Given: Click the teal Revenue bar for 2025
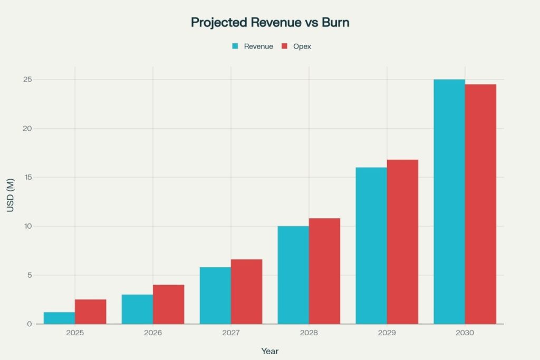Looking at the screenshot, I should tap(59, 318).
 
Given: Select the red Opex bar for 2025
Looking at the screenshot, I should tap(91, 312).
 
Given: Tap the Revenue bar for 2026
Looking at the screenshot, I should tap(137, 309).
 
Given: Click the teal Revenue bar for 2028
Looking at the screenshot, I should tap(293, 275).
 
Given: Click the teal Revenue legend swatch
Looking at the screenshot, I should tap(236, 46).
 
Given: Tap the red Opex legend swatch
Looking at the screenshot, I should tap(284, 46).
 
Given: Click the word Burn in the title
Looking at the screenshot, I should tap(332, 23).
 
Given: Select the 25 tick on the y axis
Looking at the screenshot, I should tap(27, 80).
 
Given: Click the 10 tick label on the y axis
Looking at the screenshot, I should tap(27, 226).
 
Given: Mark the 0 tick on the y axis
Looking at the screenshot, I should tap(30, 324).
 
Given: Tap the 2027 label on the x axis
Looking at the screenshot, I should tap(231, 334).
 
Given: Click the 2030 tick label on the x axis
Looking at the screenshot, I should tap(465, 334).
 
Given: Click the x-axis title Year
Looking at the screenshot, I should tap(270, 351).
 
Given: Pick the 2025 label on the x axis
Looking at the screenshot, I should tap(75, 334).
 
